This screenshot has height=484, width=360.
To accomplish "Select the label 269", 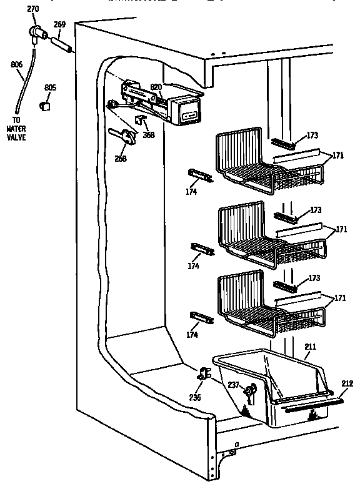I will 60,25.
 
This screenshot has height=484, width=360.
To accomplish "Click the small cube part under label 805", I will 45,106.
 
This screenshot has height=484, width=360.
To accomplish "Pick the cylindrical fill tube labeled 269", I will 62,45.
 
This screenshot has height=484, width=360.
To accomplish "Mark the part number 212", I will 348,383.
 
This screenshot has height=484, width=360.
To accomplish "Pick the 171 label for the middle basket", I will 341,230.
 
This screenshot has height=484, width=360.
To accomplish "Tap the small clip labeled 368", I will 141,119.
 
